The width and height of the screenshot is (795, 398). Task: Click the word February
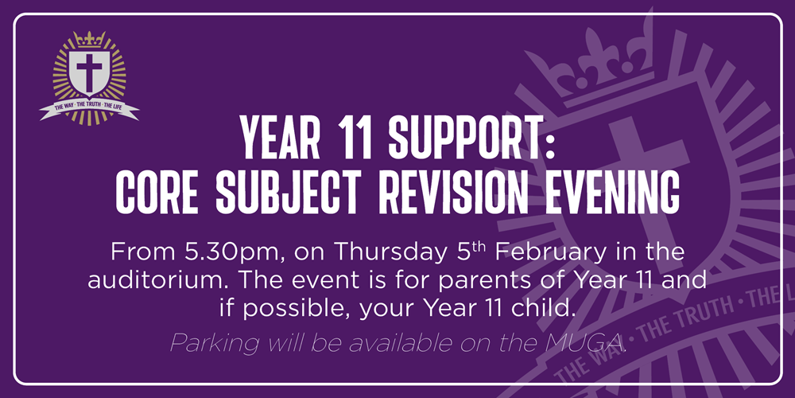(x=559, y=252)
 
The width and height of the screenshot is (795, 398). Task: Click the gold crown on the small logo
(x=89, y=39)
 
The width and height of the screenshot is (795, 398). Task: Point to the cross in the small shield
(x=89, y=72)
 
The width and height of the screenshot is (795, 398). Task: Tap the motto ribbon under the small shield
(x=89, y=108)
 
